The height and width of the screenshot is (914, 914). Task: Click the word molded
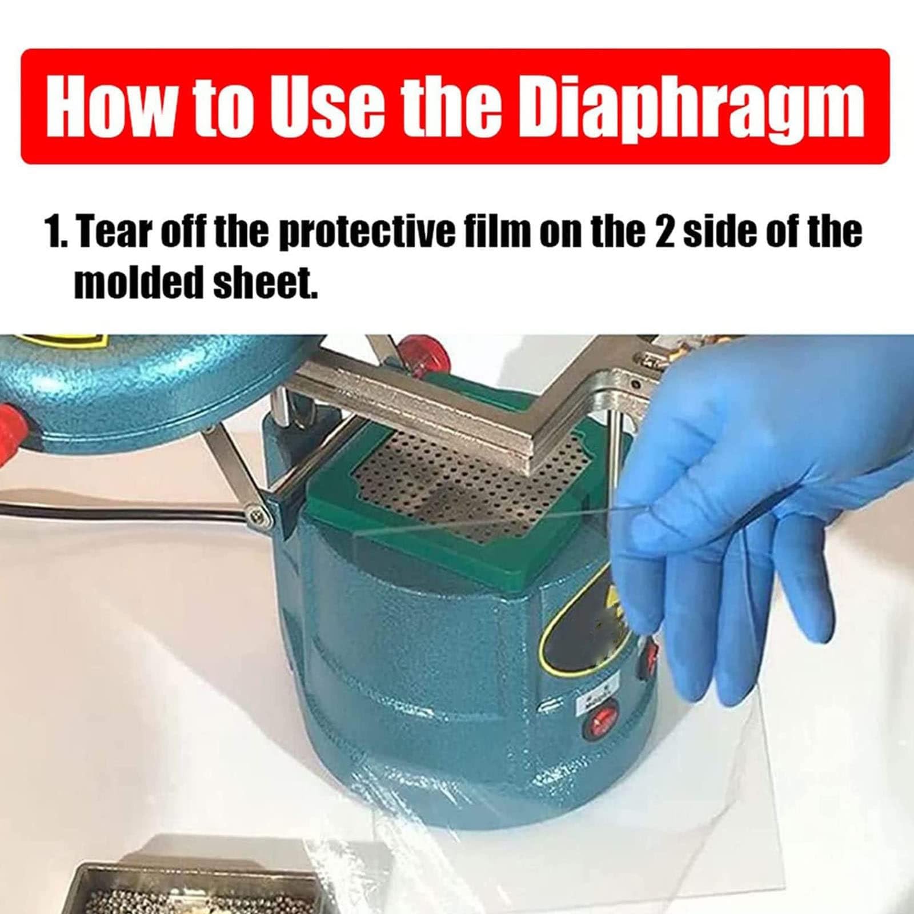(139, 282)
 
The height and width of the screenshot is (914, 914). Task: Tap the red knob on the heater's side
(13, 422)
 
